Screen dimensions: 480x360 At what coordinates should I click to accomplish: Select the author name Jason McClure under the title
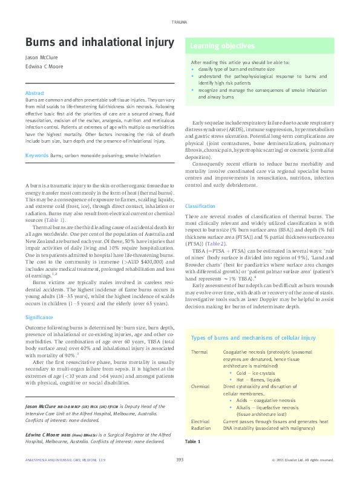pyautogui.click(x=39, y=59)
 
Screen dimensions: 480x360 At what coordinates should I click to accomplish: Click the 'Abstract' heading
pyautogui.click(x=34, y=92)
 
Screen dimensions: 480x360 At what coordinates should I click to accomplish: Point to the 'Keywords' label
pyautogui.click(x=36, y=155)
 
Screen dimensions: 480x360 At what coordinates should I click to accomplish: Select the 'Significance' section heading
pyautogui.click(x=39, y=300)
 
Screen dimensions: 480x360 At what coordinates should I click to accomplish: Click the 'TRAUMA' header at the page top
pyautogui.click(x=180, y=22)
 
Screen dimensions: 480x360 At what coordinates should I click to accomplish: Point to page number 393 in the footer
pyautogui.click(x=180, y=460)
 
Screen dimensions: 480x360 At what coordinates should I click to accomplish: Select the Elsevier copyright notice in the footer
pyautogui.click(x=303, y=460)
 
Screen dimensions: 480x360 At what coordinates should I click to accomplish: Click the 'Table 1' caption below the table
pyautogui.click(x=193, y=442)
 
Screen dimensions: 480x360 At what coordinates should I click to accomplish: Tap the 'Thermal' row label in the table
pyautogui.click(x=199, y=351)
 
